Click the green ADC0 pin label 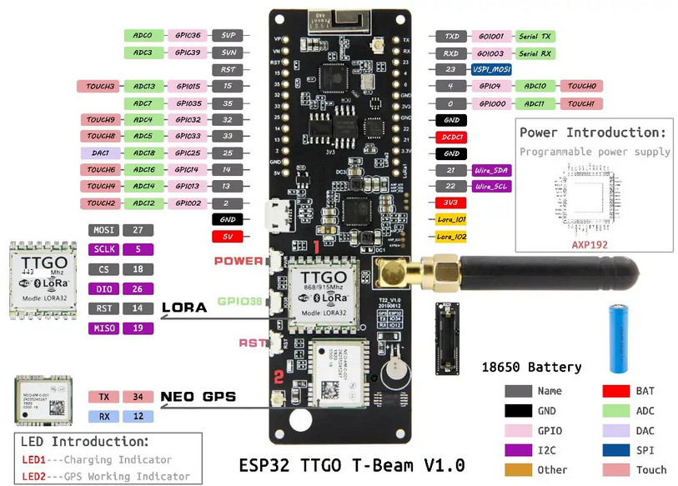(x=143, y=36)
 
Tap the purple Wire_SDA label (x=490, y=169)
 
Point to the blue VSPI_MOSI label (x=490, y=69)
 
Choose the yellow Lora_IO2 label (x=452, y=236)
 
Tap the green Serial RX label (x=535, y=53)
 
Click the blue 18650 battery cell (x=618, y=338)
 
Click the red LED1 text (x=34, y=459)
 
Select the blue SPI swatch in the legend (x=616, y=449)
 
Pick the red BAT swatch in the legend (x=616, y=391)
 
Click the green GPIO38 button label (x=239, y=302)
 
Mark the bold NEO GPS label (x=198, y=397)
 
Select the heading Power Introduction (x=593, y=133)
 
